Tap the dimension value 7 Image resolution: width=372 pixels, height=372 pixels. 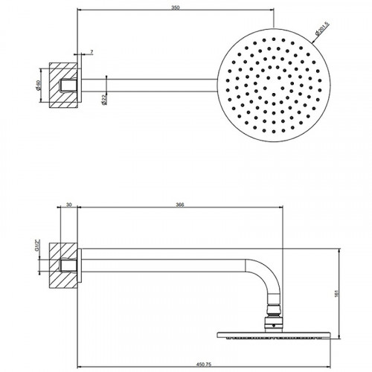click(x=91, y=51)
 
